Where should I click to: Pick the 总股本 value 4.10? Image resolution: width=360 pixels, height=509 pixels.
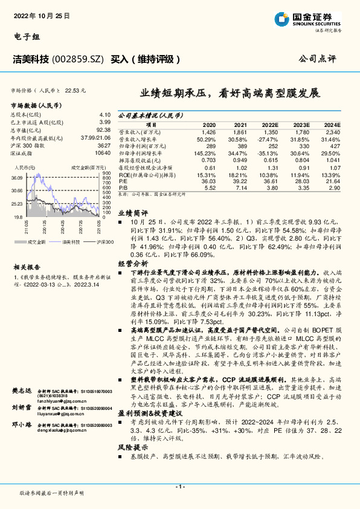click(104, 114)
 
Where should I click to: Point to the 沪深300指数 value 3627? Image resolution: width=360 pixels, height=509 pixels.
click(104, 146)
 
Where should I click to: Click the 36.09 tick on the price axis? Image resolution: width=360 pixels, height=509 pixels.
click(16, 178)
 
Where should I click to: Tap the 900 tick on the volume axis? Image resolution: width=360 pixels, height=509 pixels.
click(106, 173)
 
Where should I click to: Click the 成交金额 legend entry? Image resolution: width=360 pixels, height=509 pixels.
click(37, 241)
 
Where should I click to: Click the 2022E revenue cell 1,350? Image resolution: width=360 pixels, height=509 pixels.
click(271, 131)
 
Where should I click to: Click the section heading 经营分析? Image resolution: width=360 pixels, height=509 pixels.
click(132, 264)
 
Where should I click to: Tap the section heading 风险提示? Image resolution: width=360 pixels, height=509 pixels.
click(132, 447)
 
